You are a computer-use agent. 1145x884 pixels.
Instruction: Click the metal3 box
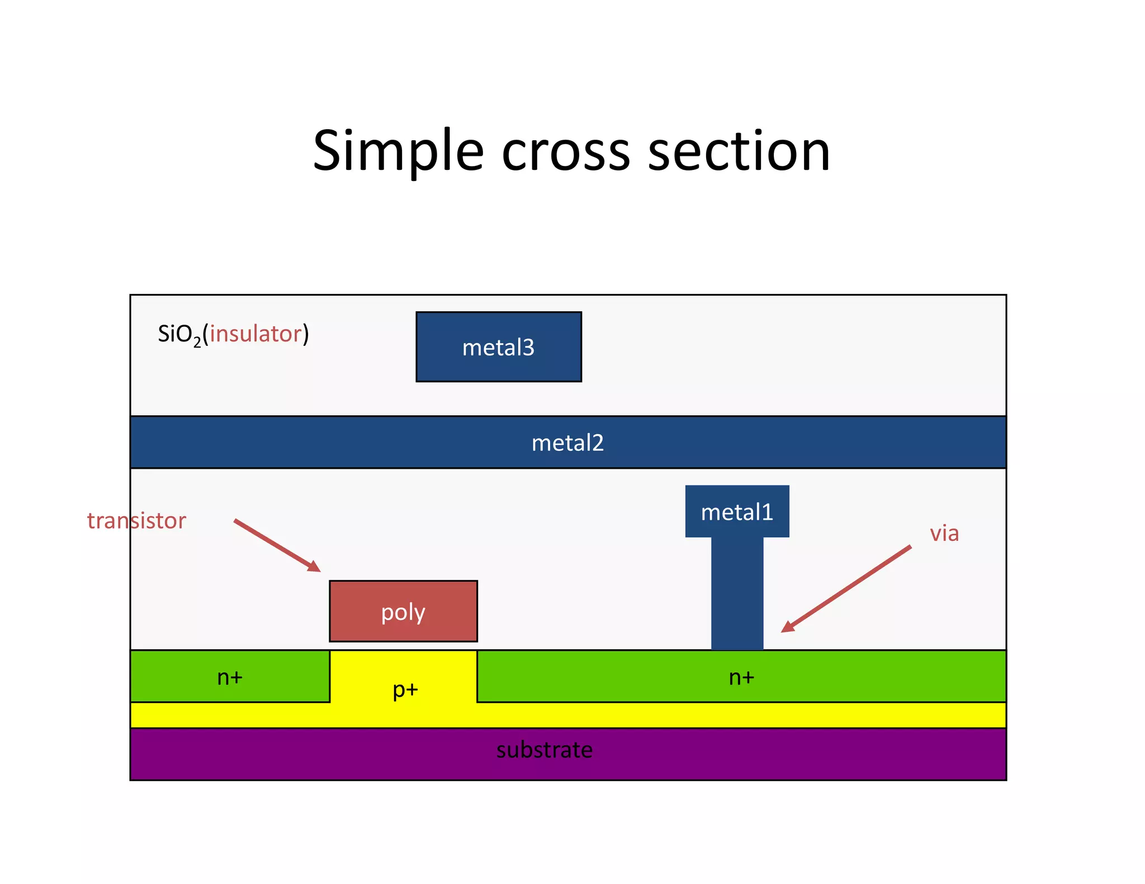[x=498, y=347]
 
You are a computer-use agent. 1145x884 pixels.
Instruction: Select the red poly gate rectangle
[x=403, y=611]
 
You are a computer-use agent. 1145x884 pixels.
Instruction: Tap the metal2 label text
[x=567, y=443]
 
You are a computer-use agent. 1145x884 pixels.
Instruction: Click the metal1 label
[x=737, y=512]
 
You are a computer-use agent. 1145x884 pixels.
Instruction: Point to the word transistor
[x=136, y=520]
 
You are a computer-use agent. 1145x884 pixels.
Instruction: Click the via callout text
[x=944, y=533]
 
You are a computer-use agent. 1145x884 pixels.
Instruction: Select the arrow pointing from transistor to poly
[x=277, y=545]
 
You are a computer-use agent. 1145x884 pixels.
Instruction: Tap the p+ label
[x=405, y=690]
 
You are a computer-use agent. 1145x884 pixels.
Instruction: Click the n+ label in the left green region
[x=230, y=677]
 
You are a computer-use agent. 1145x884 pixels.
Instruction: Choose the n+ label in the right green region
[x=741, y=677]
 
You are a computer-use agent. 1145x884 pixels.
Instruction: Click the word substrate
[x=544, y=749]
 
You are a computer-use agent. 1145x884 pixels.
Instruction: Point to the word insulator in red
[x=256, y=334]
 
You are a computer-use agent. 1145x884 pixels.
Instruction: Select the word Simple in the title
[x=398, y=152]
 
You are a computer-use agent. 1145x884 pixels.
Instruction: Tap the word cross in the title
[x=566, y=152]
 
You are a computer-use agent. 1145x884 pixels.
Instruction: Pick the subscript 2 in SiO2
[x=197, y=342]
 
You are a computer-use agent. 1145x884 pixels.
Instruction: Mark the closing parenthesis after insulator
[x=306, y=334]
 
